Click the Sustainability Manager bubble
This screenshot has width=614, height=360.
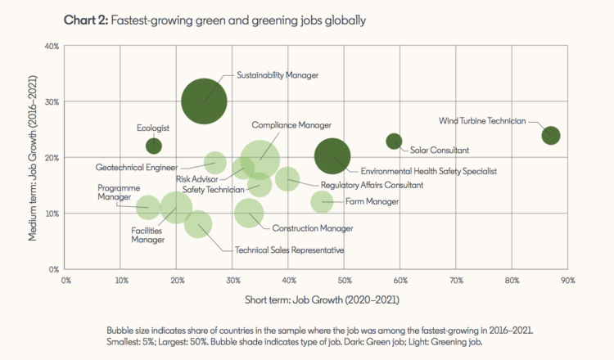pos(204,101)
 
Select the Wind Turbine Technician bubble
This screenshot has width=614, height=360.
pos(550,135)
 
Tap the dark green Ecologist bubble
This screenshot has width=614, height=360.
pos(153,146)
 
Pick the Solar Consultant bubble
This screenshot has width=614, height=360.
pos(394,141)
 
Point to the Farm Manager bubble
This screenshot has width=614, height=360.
pos(322,200)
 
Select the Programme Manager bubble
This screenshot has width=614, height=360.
pos(147,207)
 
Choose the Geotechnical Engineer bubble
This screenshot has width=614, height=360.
pos(215,162)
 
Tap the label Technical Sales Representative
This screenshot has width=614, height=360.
pos(289,250)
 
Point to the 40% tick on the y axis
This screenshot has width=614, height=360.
pos(51,46)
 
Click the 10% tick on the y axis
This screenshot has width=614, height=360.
pos(51,213)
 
